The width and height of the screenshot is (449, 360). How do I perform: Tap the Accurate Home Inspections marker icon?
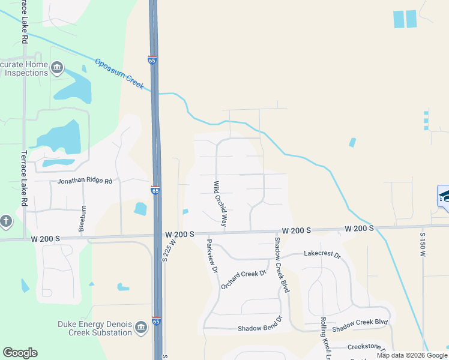58,67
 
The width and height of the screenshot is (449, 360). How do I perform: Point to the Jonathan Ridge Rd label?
85,181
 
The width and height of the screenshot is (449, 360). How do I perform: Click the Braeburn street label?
82,218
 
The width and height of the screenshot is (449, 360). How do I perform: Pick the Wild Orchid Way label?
220,203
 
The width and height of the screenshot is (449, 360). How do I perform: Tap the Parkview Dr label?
211,257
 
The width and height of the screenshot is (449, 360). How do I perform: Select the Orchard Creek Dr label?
243,279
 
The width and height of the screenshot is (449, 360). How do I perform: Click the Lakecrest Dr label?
322,255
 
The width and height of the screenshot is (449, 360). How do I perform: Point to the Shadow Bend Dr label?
259,328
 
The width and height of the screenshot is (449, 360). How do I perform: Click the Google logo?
20,353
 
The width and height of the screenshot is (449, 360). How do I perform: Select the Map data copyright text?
411,355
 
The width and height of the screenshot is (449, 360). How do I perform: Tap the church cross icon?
5,221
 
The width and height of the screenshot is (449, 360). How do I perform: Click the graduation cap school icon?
444,196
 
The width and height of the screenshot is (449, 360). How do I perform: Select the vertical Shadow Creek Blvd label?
282,265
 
